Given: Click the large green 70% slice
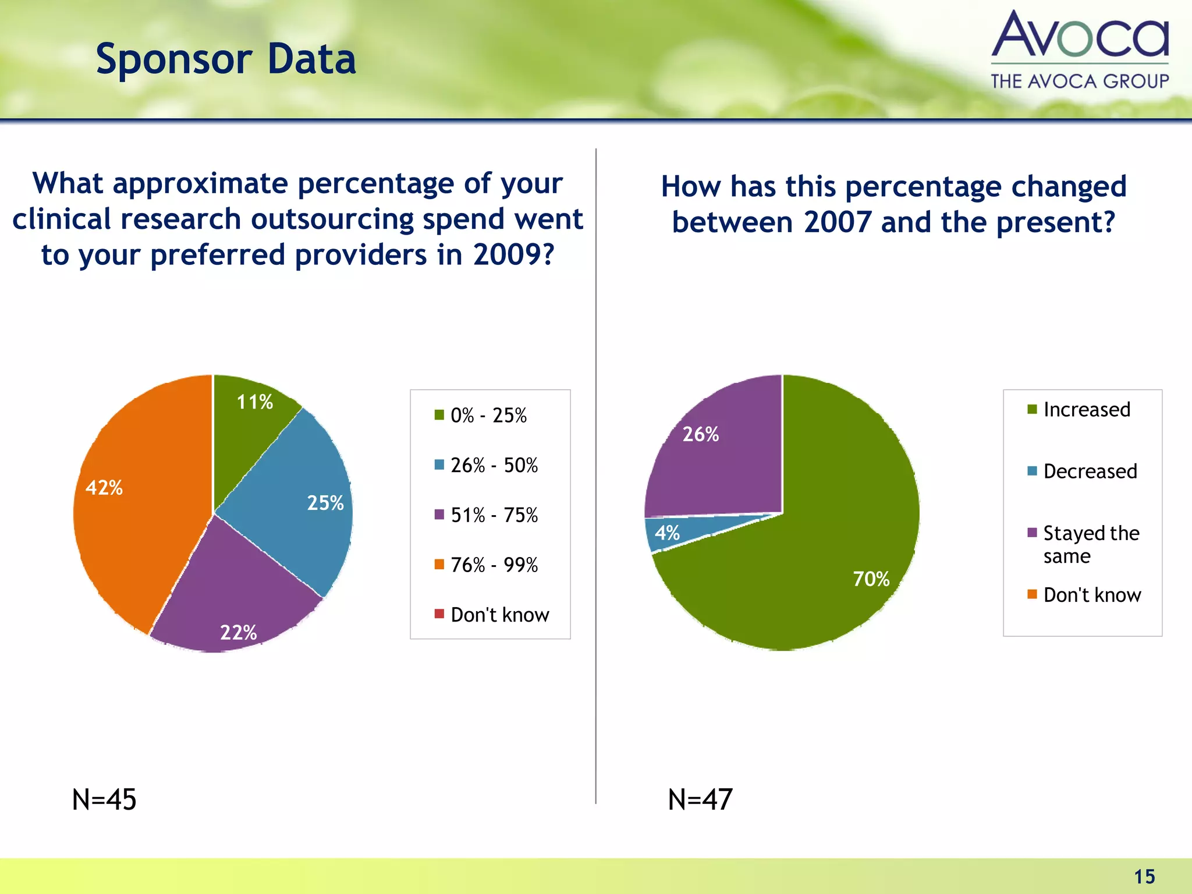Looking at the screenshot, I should (x=826, y=559).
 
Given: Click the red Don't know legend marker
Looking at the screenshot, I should (x=439, y=613).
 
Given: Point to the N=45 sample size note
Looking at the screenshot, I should (x=104, y=799).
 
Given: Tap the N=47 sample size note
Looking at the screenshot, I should (x=700, y=799).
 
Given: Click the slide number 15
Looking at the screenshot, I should (x=1144, y=877).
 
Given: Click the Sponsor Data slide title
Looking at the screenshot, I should (x=226, y=59).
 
